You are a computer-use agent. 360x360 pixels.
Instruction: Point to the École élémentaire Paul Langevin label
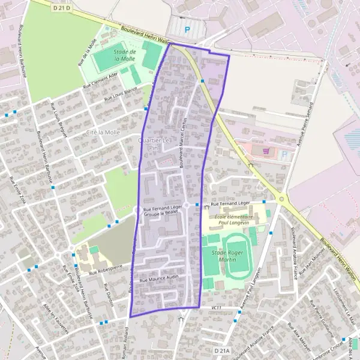(x=233, y=218)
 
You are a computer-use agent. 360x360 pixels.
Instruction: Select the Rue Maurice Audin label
(x=159, y=278)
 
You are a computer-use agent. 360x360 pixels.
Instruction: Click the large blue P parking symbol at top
(x=187, y=29)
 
